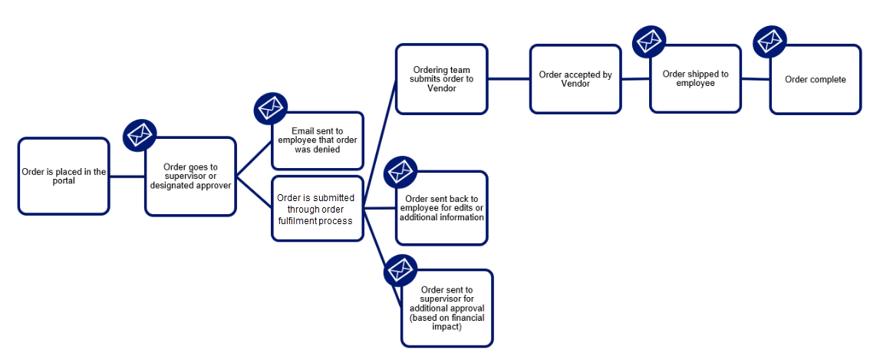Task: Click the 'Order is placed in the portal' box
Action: point(64,176)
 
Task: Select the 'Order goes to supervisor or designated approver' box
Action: point(191,176)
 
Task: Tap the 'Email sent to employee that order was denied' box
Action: point(318,140)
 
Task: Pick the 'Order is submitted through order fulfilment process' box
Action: point(318,208)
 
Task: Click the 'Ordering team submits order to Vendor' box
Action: point(442,79)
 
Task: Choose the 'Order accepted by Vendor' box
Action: point(575,79)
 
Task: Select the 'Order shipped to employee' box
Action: point(696,79)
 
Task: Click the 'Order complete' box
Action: point(815,79)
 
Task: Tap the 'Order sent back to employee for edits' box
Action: point(442,208)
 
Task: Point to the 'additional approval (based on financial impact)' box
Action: point(447,309)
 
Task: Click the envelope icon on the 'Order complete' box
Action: point(769,41)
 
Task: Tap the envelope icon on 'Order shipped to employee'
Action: point(649,41)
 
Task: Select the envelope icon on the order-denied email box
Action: point(270,107)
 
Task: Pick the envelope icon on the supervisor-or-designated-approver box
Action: point(140,134)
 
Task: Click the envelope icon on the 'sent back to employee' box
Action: point(400,173)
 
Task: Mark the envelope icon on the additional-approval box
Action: point(400,270)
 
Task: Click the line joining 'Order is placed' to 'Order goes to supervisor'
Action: point(127,176)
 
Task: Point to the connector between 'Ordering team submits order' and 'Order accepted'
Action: point(509,79)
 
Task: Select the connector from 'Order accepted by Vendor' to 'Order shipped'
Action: point(635,79)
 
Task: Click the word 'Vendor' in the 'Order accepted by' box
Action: point(576,84)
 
